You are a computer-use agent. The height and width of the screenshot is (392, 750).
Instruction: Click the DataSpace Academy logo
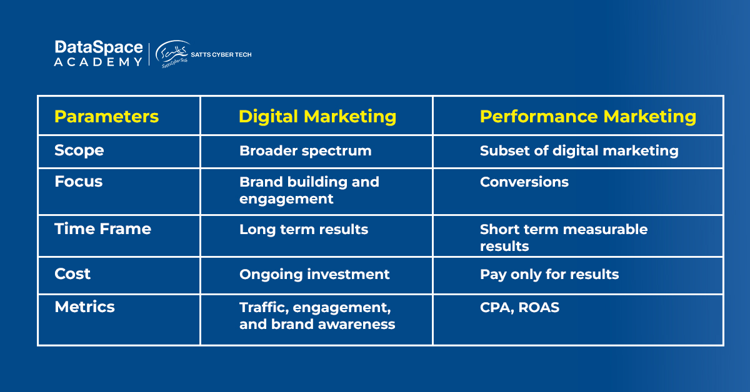coord(99,54)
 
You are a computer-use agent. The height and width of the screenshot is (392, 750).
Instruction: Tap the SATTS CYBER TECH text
coord(221,54)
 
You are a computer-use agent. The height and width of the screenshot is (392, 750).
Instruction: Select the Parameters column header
coord(106,116)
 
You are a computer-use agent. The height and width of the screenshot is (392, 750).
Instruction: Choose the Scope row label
coord(79,150)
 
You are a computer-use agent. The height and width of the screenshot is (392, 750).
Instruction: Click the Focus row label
coord(78,181)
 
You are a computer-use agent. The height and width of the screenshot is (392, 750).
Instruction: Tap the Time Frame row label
coord(102,229)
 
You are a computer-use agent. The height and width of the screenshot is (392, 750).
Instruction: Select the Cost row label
coord(72,273)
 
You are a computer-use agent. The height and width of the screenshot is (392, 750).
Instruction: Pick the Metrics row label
coord(85,306)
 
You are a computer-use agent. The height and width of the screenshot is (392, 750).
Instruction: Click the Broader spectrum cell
coord(306,151)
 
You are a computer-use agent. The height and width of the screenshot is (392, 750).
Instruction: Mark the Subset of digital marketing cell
coord(579,151)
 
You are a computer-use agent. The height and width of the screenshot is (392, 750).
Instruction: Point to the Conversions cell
coord(524,182)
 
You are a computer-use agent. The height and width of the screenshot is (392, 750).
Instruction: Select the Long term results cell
coord(304,230)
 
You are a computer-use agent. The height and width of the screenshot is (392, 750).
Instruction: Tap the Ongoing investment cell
coord(314,275)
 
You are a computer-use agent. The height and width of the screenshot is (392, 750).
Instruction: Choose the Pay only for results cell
coord(549,275)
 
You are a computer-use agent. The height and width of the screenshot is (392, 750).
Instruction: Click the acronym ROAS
coord(539,307)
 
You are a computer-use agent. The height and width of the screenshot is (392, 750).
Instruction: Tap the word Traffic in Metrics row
coord(264,307)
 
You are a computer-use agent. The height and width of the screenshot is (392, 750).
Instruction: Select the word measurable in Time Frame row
coord(606,230)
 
